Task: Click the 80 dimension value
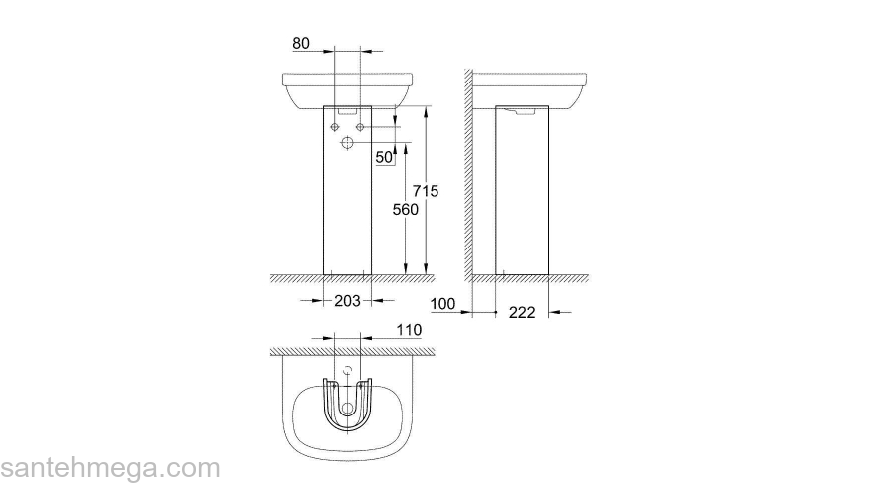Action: pos(303,44)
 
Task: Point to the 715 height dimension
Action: pos(426,190)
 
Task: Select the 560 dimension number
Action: pos(405,210)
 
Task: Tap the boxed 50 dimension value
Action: pos(385,157)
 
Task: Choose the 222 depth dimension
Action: pos(521,312)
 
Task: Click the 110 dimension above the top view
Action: pos(409,330)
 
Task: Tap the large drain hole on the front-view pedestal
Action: pos(347,145)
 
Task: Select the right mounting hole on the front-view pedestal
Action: pos(360,127)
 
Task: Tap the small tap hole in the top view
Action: pos(347,370)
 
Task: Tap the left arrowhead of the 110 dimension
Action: pos(327,338)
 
